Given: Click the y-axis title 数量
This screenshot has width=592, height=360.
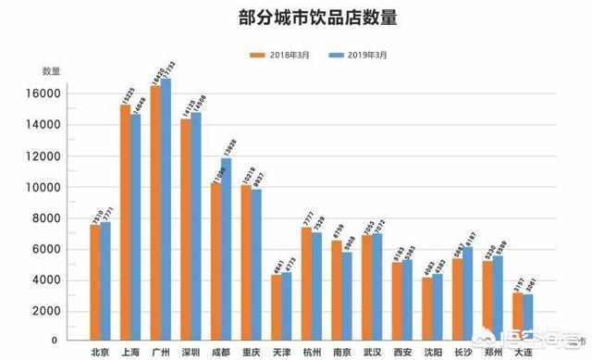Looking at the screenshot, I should point(51,71).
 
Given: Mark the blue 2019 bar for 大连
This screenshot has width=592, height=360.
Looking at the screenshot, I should point(528,318).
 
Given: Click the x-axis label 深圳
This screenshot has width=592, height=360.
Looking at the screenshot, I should point(191,351).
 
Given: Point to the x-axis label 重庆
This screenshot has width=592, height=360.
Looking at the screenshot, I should point(252,351).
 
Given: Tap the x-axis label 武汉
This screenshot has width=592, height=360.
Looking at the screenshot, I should point(372,351).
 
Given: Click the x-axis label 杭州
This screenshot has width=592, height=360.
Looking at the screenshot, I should point(312,351).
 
